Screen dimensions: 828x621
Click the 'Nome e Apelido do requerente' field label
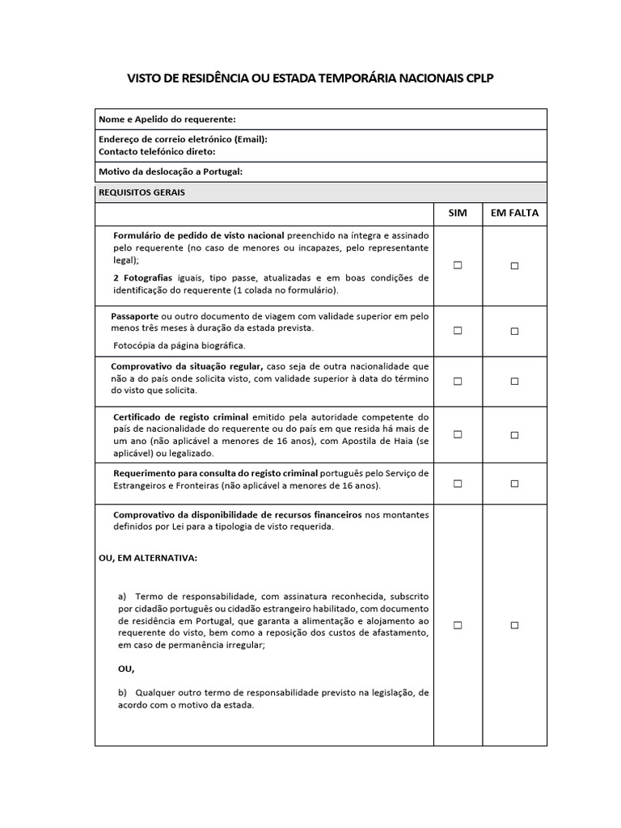pyautogui.click(x=167, y=119)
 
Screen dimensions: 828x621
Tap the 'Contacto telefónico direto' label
pyautogui.click(x=157, y=151)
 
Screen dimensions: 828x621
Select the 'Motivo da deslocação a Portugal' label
pyautogui.click(x=170, y=171)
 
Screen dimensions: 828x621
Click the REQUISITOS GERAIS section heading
pyautogui.click(x=141, y=192)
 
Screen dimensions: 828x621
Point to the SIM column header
pyautogui.click(x=458, y=213)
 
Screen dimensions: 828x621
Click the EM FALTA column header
pyautogui.click(x=514, y=213)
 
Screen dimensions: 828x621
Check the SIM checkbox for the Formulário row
pyautogui.click(x=458, y=265)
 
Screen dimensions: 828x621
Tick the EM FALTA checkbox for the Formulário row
pyautogui.click(x=514, y=265)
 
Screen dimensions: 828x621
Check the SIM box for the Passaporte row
pyautogui.click(x=458, y=331)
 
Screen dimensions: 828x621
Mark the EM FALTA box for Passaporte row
pyautogui.click(x=514, y=331)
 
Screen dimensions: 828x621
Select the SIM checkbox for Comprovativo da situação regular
pyautogui.click(x=458, y=381)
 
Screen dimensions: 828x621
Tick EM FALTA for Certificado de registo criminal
pyautogui.click(x=514, y=434)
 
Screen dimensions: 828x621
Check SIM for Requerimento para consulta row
pyautogui.click(x=458, y=484)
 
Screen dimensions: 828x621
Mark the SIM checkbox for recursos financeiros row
pyautogui.click(x=458, y=625)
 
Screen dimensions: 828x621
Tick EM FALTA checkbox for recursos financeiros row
pyautogui.click(x=514, y=625)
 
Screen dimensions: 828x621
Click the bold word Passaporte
pyautogui.click(x=135, y=316)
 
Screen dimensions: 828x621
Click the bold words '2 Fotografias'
pyautogui.click(x=144, y=277)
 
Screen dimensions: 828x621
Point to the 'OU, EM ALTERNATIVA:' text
pyautogui.click(x=147, y=558)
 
